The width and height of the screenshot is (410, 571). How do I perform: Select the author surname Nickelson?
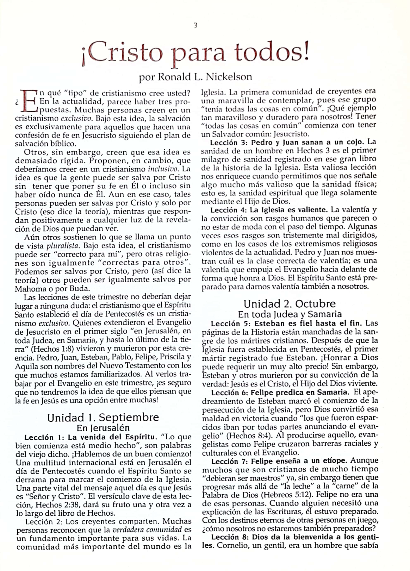(x=229, y=77)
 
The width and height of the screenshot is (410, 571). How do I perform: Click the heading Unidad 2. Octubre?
(x=290, y=304)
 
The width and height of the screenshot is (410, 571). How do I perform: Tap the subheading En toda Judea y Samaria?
(x=290, y=314)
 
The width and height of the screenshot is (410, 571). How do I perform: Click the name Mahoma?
(x=28, y=289)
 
